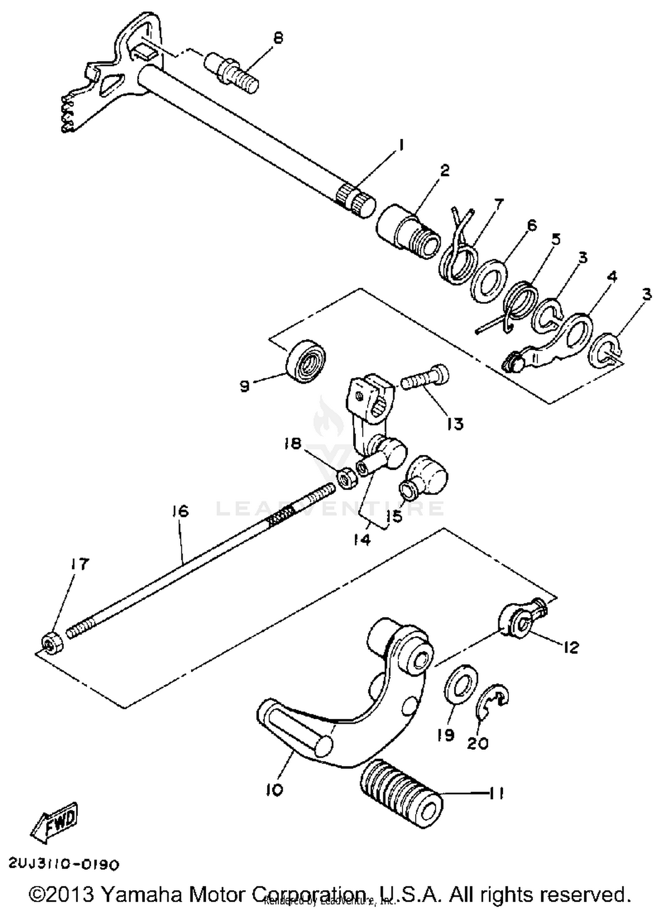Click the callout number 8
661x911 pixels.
(x=278, y=38)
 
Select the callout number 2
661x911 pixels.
(x=445, y=171)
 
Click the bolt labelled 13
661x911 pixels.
(x=426, y=377)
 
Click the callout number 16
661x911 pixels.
(x=181, y=511)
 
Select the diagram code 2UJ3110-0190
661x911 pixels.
(x=64, y=864)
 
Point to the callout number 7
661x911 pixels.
(x=498, y=204)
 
